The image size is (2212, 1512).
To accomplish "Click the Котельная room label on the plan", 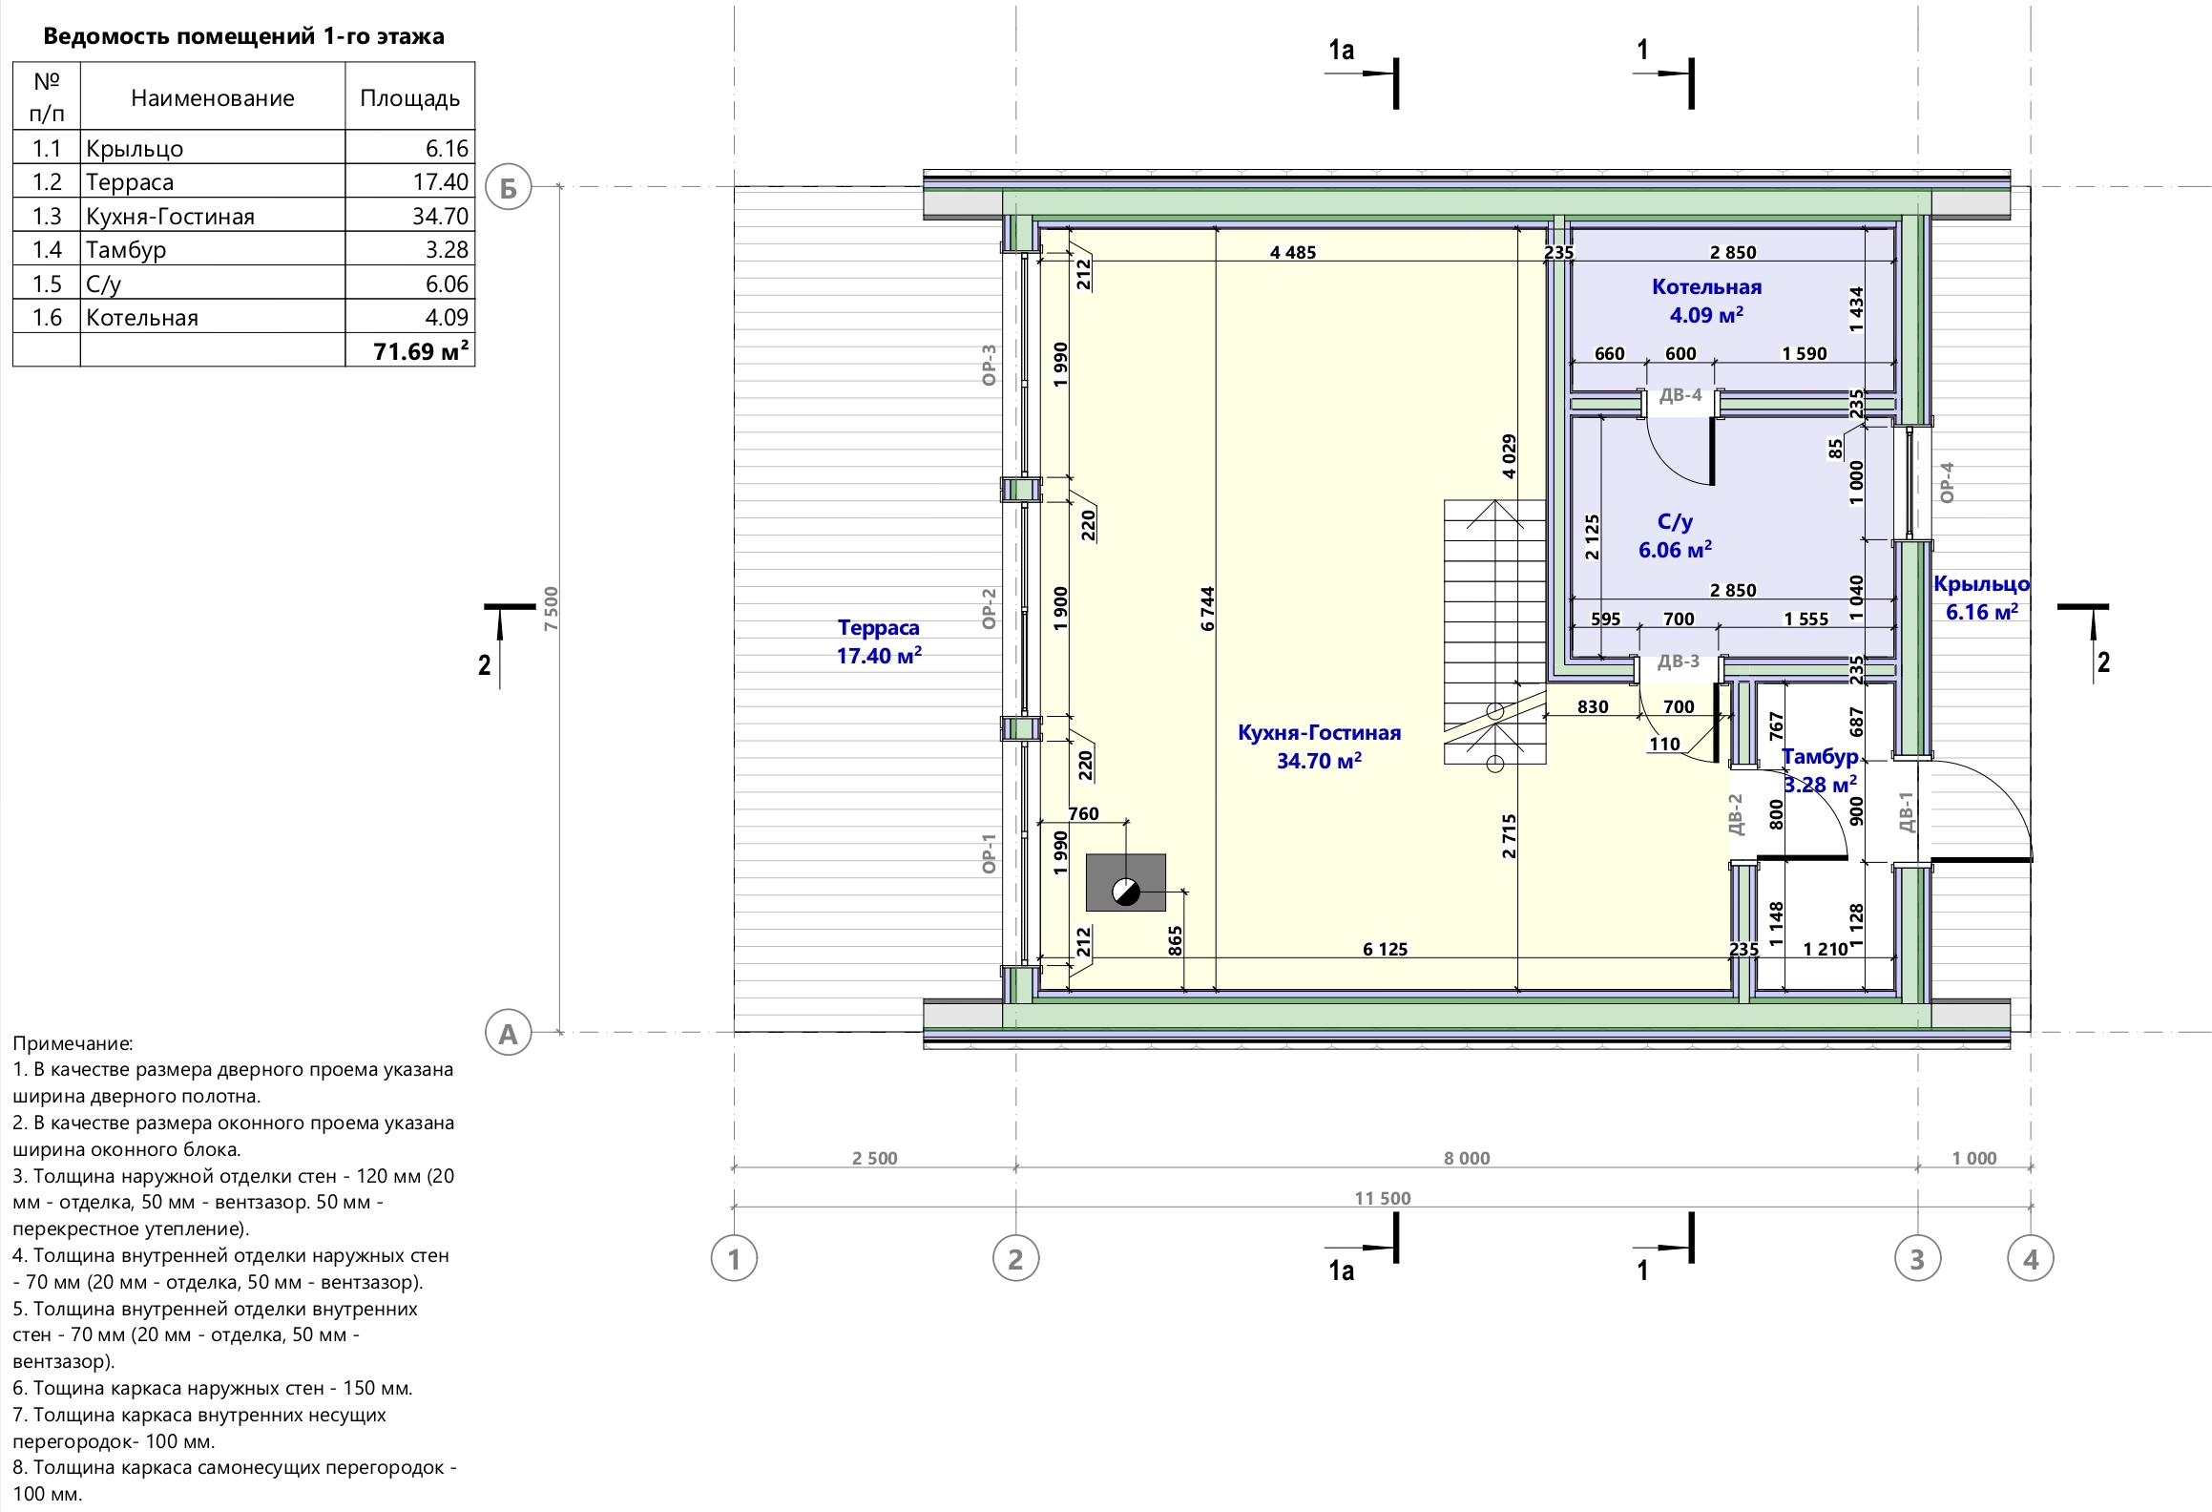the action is coord(1706,287).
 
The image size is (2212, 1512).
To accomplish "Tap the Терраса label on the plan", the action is coord(879,628).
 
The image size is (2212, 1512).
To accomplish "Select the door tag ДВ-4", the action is coord(1680,395).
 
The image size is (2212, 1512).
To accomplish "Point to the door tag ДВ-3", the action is coord(1679,661).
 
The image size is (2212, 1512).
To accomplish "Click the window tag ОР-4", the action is coord(1948,483).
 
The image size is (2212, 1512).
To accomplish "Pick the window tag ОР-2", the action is coord(989,608).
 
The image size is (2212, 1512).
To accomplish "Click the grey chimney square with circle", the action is coord(1126,882).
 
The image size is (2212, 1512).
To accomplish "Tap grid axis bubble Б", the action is coord(508,188).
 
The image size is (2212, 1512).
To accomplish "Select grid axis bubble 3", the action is coord(1917,1259).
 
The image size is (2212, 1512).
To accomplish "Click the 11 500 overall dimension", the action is coord(1382,1198).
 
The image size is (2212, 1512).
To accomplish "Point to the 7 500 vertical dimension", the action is coord(551,608).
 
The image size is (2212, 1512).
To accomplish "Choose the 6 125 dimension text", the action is coord(1385,949).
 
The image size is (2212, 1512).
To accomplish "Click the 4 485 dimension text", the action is coord(1293,253).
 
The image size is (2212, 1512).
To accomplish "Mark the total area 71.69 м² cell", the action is coord(421,351).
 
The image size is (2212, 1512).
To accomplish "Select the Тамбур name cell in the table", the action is coord(126,250).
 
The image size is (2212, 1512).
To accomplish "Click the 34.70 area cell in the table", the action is coord(440,217).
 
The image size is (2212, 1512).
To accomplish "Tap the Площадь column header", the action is coord(410,98).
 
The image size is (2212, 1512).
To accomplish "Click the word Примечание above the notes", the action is coord(73,1044).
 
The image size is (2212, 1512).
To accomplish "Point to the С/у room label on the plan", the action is coord(1676,522).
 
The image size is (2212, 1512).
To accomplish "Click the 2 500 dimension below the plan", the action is coord(875,1158).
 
